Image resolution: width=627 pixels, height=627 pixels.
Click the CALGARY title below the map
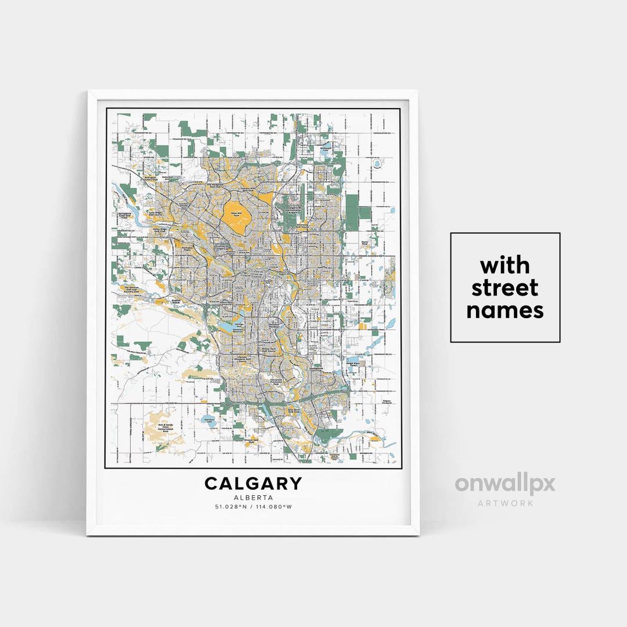[x=253, y=484]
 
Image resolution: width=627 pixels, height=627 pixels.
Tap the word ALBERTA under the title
[x=253, y=498]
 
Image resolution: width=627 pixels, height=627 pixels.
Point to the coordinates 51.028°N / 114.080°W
[x=253, y=507]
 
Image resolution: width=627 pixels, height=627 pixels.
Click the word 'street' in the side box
[x=505, y=288]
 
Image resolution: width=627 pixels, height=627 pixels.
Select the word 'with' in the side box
[x=505, y=266]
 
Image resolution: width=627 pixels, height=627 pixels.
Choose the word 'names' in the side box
[x=505, y=310]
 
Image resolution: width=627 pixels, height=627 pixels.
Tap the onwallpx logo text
[x=505, y=485]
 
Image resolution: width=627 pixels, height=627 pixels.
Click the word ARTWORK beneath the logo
[x=505, y=503]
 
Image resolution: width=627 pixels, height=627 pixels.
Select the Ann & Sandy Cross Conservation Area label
[x=158, y=428]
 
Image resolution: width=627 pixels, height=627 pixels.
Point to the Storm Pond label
[x=365, y=243]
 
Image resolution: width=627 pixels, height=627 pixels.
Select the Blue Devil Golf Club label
[x=294, y=410]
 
